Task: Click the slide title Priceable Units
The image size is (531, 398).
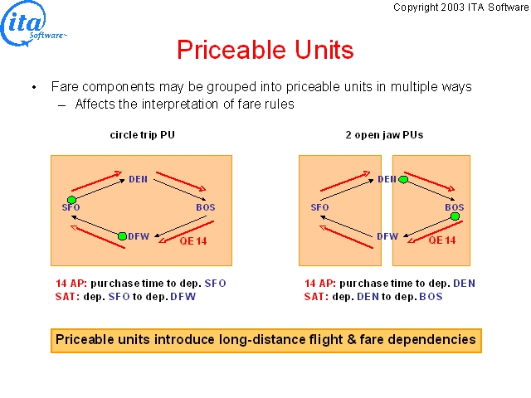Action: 265,50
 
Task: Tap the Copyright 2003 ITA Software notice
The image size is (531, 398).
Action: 461,7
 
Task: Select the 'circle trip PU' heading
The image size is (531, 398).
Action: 142,134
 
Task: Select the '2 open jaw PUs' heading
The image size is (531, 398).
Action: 384,134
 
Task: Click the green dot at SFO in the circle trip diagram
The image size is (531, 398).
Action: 71,200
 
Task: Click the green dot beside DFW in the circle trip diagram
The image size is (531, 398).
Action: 122,235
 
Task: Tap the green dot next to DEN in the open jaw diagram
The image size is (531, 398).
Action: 403,179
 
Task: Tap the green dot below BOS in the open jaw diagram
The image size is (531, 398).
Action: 455,216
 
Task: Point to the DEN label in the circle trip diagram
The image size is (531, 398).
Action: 139,179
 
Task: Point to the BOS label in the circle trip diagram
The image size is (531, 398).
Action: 206,207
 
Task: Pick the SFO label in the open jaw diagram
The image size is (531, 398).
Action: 319,207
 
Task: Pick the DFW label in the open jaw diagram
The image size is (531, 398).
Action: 387,235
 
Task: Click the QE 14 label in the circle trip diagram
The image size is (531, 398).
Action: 193,241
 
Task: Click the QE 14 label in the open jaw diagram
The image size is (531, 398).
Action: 442,240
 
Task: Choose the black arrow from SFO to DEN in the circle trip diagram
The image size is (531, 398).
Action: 98,190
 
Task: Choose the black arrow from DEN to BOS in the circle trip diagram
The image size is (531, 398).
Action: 180,190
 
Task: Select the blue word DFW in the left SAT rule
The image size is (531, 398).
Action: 183,297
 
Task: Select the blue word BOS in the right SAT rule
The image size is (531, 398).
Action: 431,297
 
